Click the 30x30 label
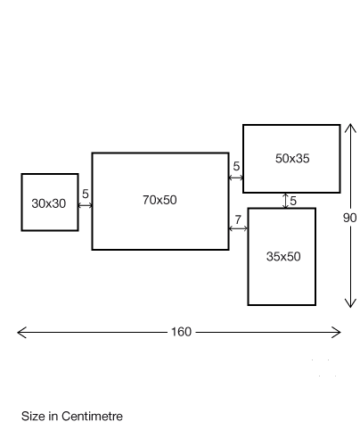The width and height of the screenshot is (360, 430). [x=49, y=203]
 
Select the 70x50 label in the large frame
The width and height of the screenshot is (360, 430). [x=160, y=200]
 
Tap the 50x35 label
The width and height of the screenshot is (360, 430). [x=292, y=159]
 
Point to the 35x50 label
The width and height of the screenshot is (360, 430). [x=283, y=257]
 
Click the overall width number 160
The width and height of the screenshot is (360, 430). [x=181, y=332]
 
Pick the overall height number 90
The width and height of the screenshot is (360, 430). [x=350, y=218]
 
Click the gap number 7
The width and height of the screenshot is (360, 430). [x=238, y=219]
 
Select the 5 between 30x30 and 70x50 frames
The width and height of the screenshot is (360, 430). [x=86, y=194]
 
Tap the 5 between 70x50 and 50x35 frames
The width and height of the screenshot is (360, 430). [x=236, y=166]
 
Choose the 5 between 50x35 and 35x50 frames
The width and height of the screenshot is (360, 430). [x=293, y=201]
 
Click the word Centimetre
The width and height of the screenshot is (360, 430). [x=92, y=417]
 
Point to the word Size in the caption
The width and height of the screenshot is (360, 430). [x=34, y=417]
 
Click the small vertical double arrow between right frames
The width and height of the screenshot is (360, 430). [x=285, y=201]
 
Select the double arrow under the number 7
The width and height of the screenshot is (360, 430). [x=238, y=228]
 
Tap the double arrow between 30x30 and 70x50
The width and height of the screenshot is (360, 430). [x=86, y=205]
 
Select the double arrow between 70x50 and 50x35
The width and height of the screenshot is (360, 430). [x=236, y=178]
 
